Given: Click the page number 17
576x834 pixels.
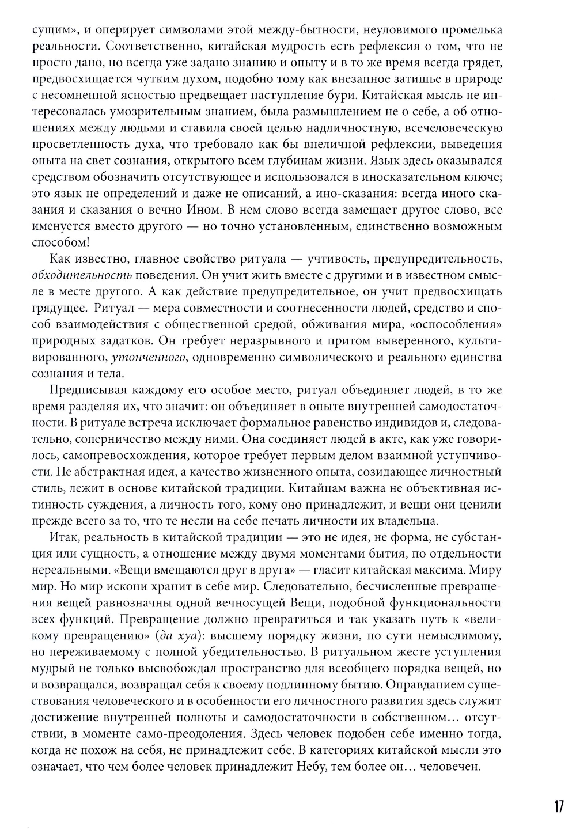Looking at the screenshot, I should click(558, 806).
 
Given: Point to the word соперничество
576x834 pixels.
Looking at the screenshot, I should click(116, 439).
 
